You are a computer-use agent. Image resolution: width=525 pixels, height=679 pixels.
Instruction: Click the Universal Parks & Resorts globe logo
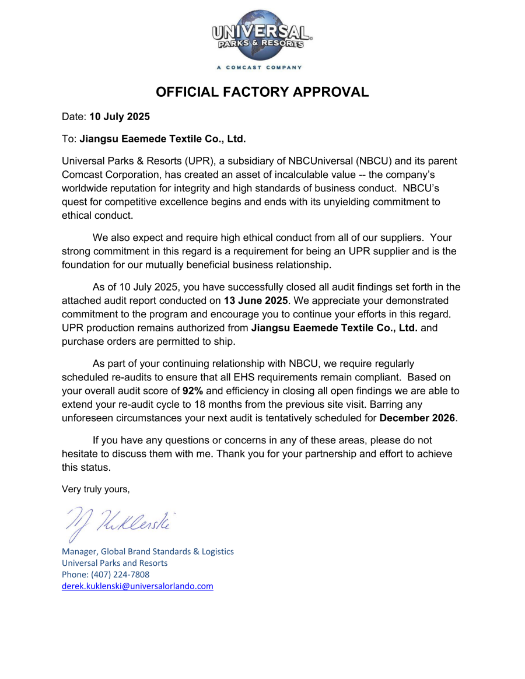pyautogui.click(x=262, y=35)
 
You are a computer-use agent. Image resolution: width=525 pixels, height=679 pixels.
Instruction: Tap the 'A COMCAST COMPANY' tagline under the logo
pyautogui.click(x=259, y=68)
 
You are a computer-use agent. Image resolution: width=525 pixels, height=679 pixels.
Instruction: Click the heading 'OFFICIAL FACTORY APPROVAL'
pyautogui.click(x=262, y=92)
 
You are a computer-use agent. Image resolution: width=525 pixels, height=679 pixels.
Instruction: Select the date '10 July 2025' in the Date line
pyautogui.click(x=120, y=117)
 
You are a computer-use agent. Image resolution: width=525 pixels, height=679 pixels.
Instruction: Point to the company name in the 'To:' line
pyautogui.click(x=163, y=139)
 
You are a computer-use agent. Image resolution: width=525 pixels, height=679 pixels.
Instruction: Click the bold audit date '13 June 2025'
pyautogui.click(x=256, y=300)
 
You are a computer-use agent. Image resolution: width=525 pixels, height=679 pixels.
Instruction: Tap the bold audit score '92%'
pyautogui.click(x=192, y=391)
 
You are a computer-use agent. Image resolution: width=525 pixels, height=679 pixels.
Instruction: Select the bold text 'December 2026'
pyautogui.click(x=417, y=418)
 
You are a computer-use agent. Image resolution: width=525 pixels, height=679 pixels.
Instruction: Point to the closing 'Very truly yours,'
pyautogui.click(x=96, y=489)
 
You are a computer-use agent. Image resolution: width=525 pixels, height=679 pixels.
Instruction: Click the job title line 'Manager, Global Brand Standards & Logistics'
pyautogui.click(x=148, y=551)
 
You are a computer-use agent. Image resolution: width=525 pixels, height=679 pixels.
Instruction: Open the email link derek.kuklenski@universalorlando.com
pyautogui.click(x=138, y=586)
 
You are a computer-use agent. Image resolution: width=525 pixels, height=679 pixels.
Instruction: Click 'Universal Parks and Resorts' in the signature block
pyautogui.click(x=115, y=563)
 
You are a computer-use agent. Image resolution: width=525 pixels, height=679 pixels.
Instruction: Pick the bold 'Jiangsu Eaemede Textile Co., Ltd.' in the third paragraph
pyautogui.click(x=334, y=327)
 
